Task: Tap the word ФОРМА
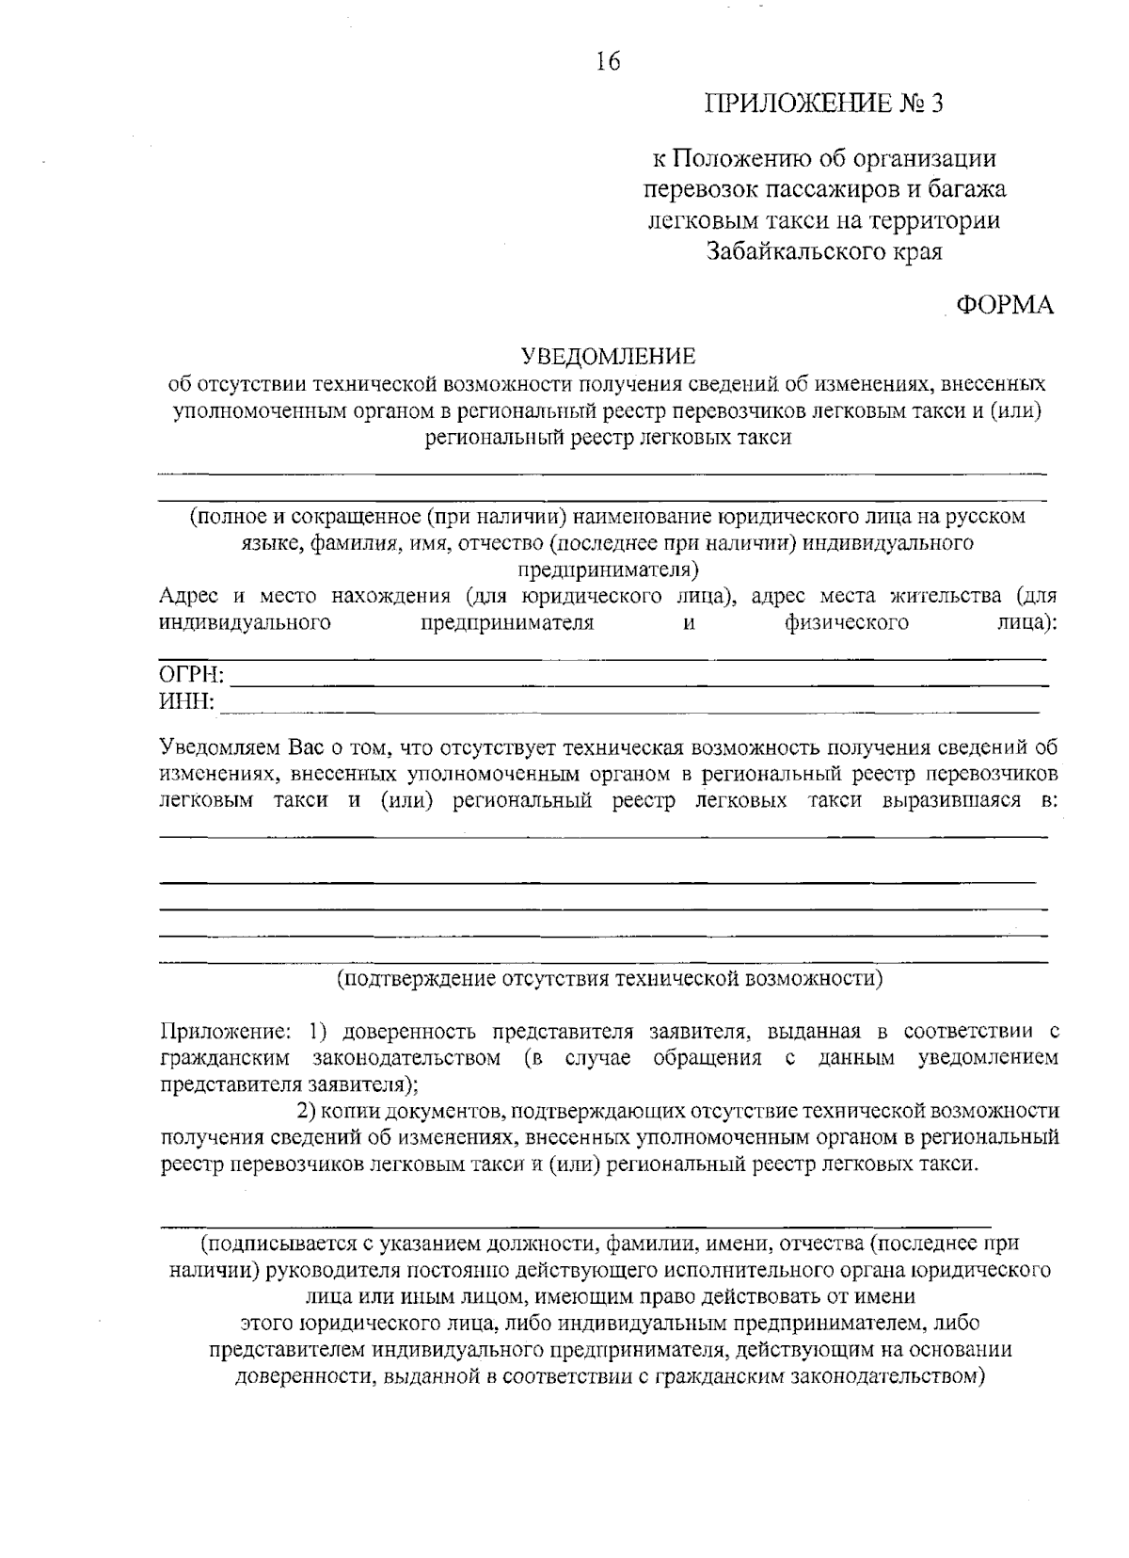[x=1005, y=305]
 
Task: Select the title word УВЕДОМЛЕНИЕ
[x=609, y=357]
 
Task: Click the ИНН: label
[x=186, y=702]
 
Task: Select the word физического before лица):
[x=847, y=623]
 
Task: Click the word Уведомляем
[x=218, y=748]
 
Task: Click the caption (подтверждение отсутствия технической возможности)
[x=610, y=978]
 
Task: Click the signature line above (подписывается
[x=576, y=1227]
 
